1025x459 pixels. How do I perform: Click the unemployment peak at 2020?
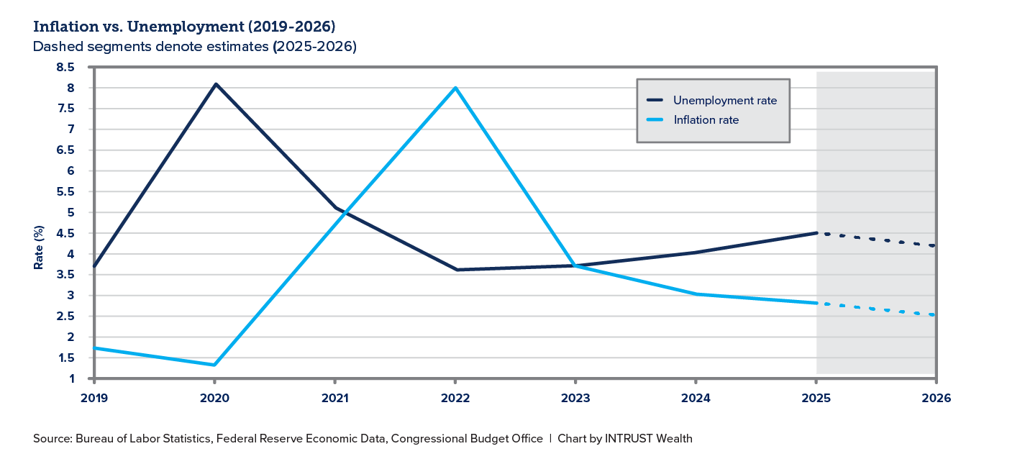215,84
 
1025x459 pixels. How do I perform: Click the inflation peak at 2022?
455,88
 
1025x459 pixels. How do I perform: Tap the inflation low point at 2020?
215,365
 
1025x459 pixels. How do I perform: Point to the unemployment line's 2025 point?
816,233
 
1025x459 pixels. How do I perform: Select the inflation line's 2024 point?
696,294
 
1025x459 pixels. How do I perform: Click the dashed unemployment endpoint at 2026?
934,246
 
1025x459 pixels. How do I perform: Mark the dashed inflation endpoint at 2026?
934,315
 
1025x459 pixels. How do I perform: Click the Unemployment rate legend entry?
724,101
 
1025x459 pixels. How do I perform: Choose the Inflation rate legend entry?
706,120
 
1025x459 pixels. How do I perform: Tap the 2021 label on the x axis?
335,398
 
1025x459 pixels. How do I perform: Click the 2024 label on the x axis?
696,398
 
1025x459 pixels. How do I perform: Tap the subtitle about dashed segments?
195,47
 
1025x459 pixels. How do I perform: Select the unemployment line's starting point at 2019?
95,266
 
